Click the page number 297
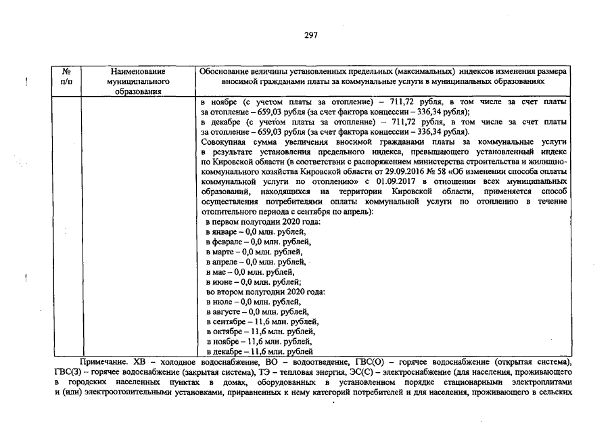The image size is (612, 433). (x=311, y=35)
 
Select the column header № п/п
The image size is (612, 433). (x=66, y=76)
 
